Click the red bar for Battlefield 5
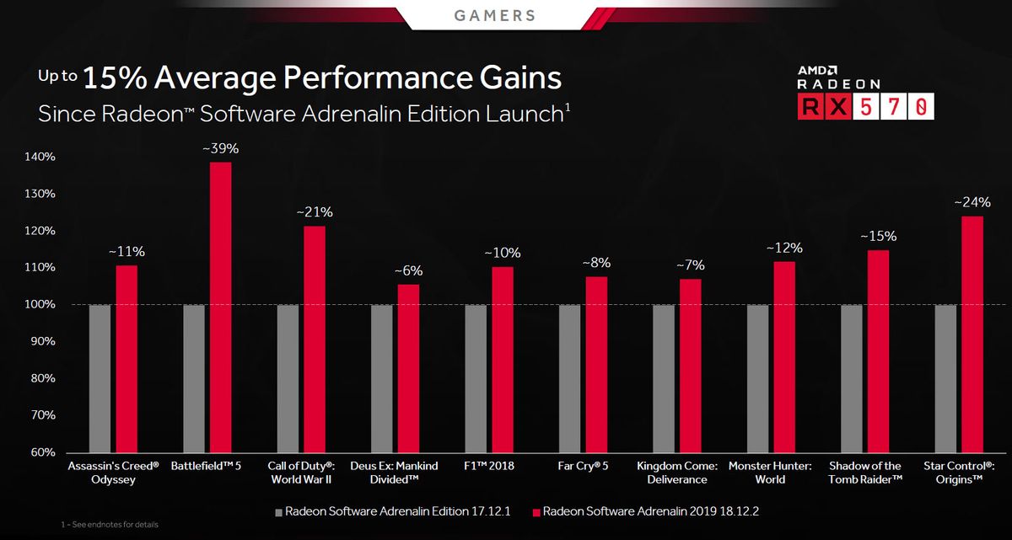[x=220, y=307]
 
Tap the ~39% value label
[x=220, y=148]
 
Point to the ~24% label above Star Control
[x=972, y=202]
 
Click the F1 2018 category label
[x=489, y=466]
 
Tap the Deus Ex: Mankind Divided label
[x=395, y=473]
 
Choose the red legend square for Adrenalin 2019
[x=536, y=511]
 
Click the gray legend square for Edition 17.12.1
[x=279, y=511]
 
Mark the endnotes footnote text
[x=110, y=525]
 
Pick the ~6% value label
[x=408, y=271]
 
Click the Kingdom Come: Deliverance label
[x=676, y=473]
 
